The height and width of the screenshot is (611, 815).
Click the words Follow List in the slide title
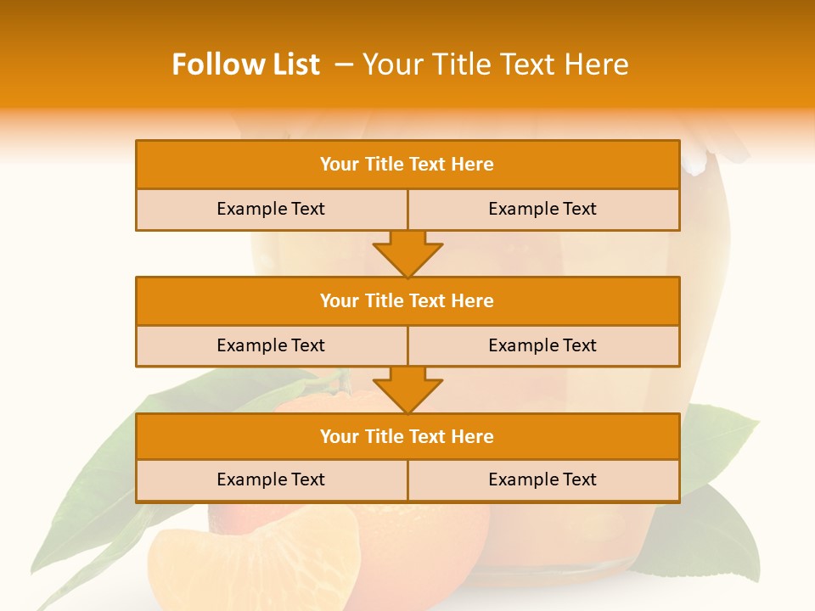(245, 64)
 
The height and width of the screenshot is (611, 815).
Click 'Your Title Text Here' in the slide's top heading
(496, 64)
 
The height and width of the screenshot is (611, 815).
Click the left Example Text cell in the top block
(271, 209)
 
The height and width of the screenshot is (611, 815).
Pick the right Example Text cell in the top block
(542, 209)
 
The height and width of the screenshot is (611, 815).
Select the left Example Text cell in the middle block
(271, 345)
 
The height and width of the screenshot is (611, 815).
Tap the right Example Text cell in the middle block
(542, 345)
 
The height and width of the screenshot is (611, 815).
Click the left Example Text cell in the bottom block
(271, 479)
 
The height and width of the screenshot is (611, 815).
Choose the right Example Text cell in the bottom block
(542, 479)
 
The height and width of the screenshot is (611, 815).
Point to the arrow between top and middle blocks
(407, 253)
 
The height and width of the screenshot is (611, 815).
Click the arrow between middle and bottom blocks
(407, 390)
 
